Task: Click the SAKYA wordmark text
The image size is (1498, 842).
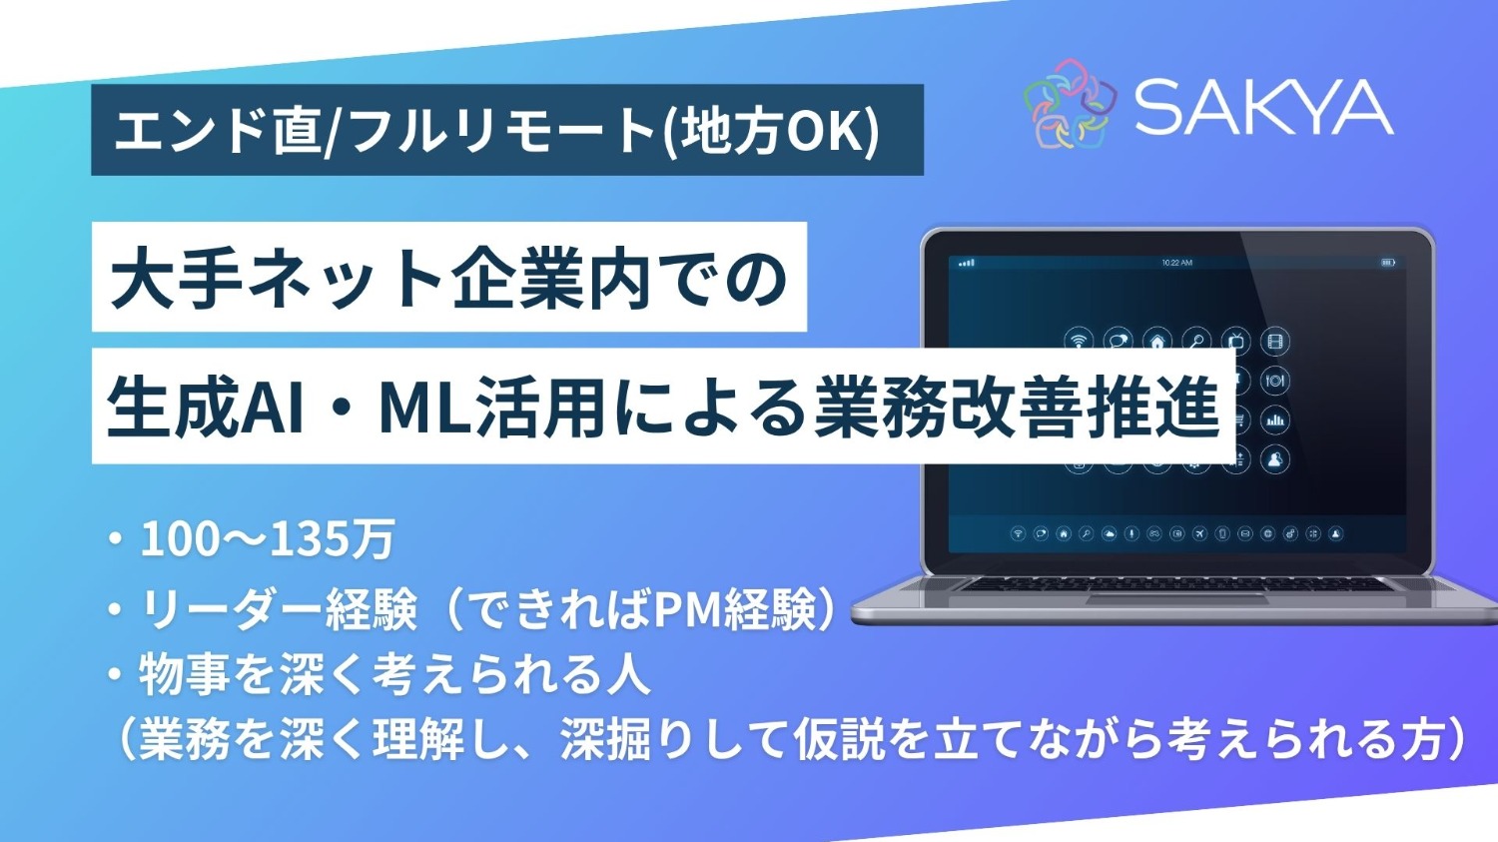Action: click(x=1263, y=107)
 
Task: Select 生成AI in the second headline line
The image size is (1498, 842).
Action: click(x=205, y=408)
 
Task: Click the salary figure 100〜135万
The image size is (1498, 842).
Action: click(x=268, y=539)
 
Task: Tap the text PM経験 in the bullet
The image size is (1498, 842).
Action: click(x=733, y=609)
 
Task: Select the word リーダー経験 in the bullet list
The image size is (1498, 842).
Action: click(x=278, y=609)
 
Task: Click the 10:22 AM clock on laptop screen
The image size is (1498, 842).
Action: click(x=1176, y=263)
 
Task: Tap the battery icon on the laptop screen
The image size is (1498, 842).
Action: click(x=1388, y=263)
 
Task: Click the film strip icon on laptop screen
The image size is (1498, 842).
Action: click(x=1274, y=342)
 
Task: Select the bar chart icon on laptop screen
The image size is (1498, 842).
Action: click(x=1274, y=421)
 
